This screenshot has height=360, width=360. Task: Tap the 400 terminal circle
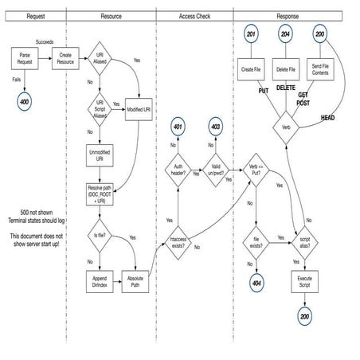[25, 102]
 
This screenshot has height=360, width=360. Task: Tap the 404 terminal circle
[256, 282]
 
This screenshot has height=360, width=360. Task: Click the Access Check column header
[194, 15]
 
